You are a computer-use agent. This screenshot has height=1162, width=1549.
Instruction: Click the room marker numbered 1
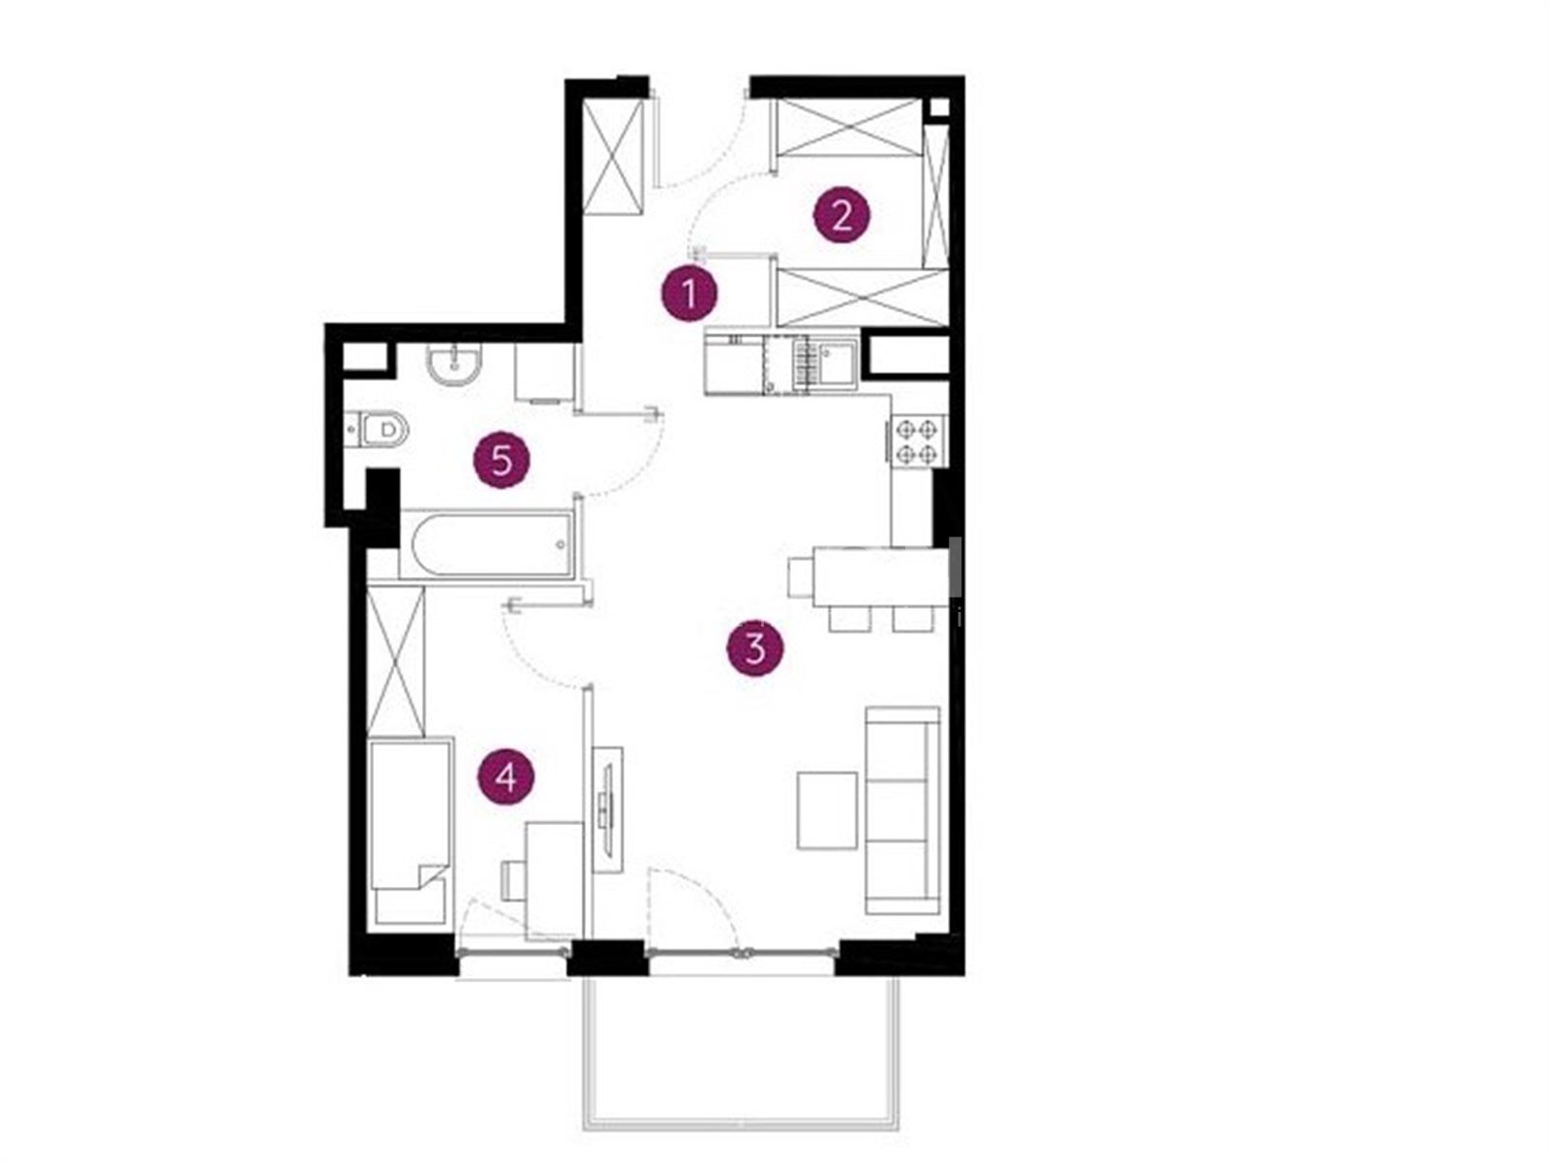[688, 293]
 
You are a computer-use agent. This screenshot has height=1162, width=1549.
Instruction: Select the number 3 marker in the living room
[754, 648]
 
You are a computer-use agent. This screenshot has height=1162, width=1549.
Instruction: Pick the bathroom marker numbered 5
[501, 461]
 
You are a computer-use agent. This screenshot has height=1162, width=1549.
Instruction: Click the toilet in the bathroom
[379, 429]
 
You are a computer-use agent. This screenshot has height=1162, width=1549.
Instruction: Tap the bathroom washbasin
[454, 364]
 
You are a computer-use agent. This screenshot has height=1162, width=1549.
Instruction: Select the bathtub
[486, 544]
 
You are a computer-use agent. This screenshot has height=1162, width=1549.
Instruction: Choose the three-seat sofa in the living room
[902, 810]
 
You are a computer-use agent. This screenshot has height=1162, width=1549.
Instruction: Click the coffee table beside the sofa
[827, 810]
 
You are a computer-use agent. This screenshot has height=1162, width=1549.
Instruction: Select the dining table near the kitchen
[878, 576]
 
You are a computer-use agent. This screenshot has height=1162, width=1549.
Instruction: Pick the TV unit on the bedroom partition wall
[607, 810]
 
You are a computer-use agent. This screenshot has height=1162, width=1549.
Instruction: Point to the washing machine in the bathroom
[542, 373]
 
